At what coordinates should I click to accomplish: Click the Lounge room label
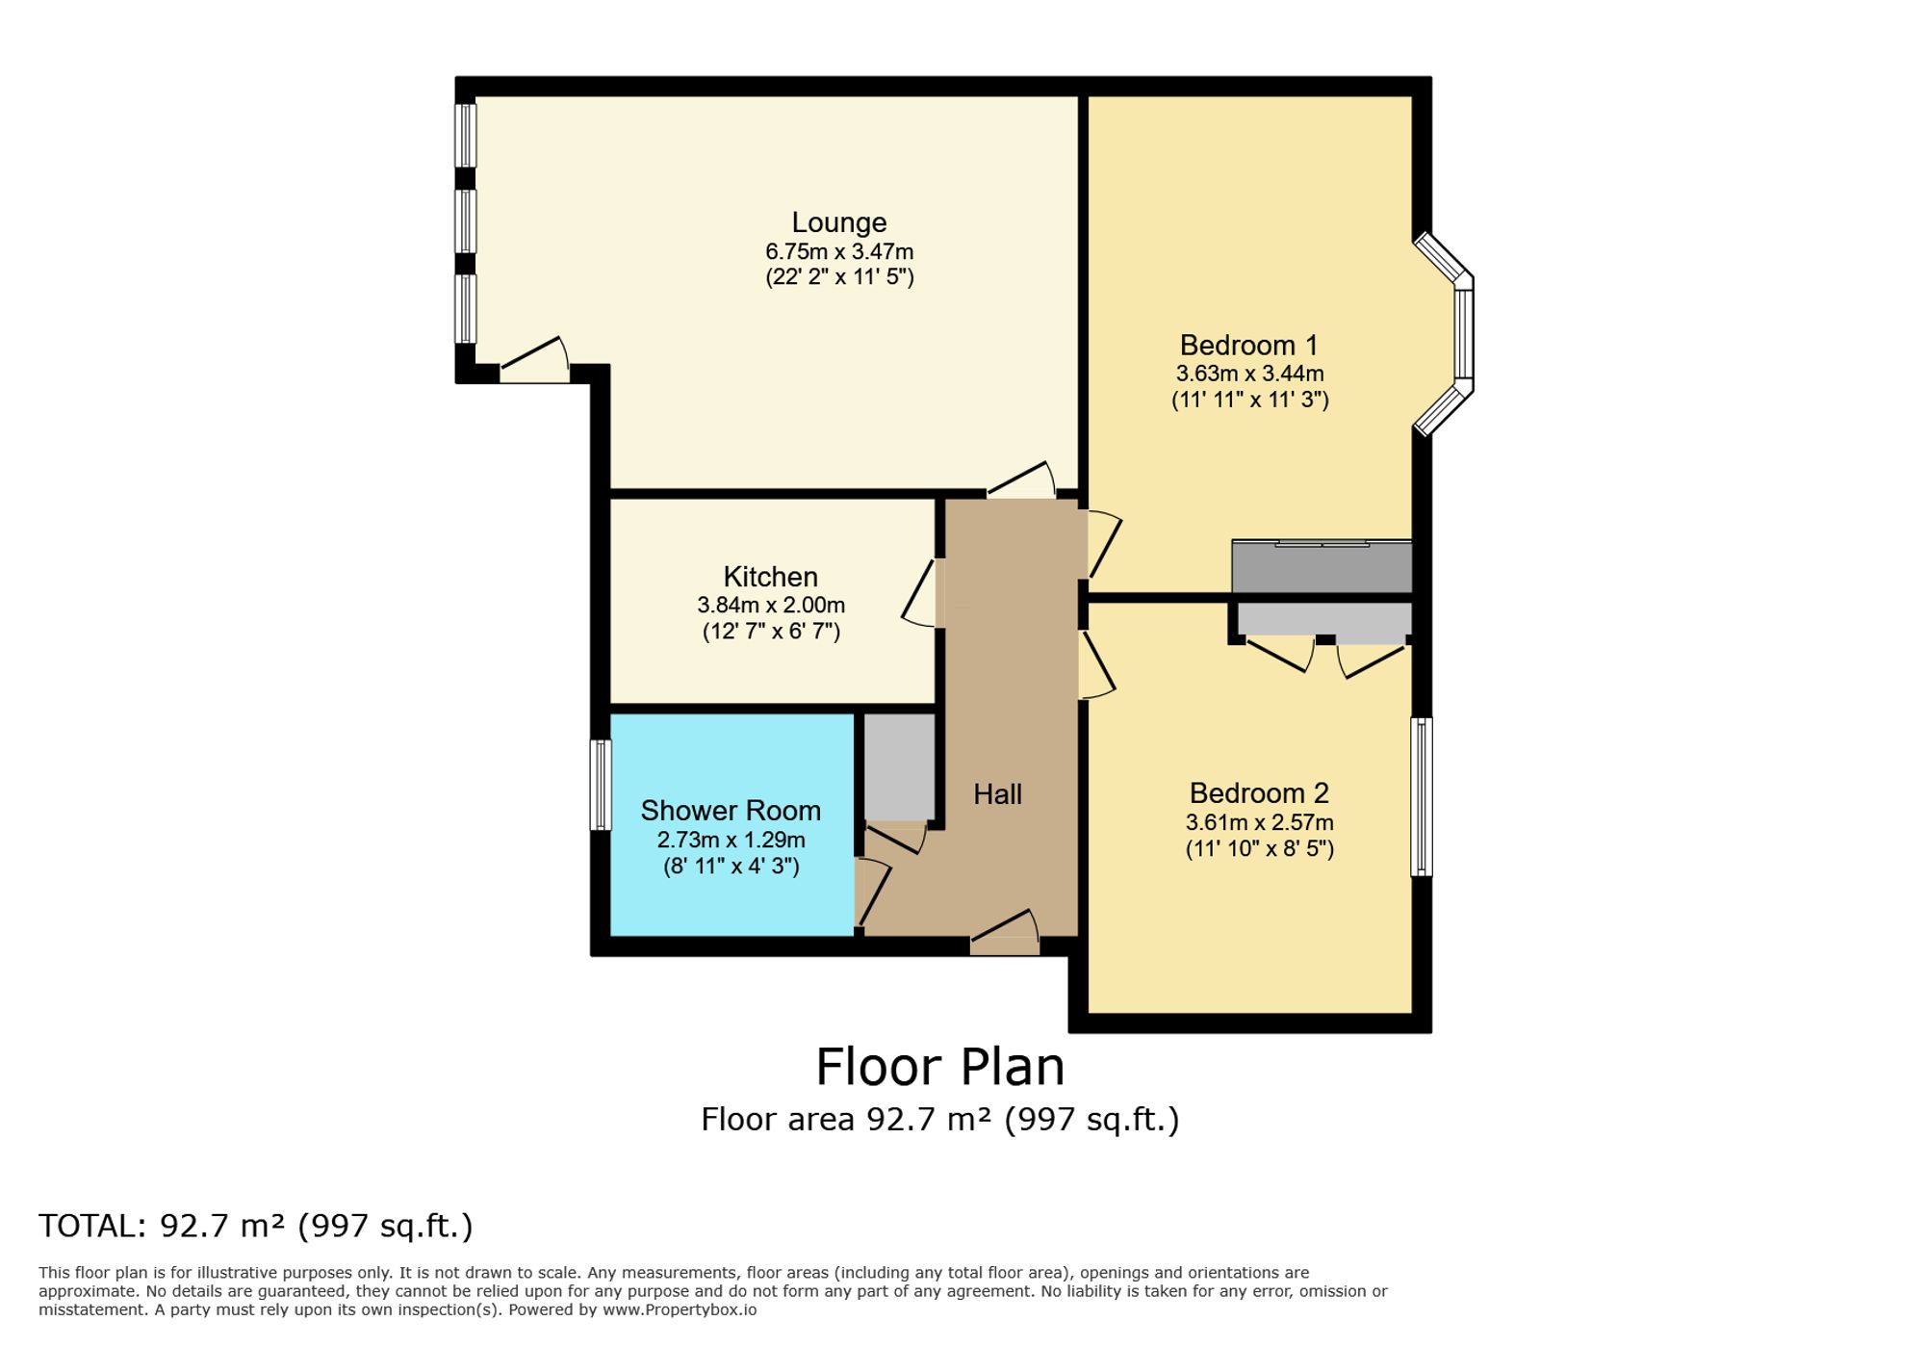pos(838,222)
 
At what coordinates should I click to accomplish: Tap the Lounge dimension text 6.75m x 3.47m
pos(838,252)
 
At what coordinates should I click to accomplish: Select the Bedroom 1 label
pos(1248,345)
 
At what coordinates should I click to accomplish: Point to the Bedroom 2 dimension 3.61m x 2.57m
pos(1259,822)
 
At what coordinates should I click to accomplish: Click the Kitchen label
pos(770,577)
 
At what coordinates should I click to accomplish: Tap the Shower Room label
pos(731,811)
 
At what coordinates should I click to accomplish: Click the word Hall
pos(997,794)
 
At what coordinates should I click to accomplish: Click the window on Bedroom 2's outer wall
pos(1421,796)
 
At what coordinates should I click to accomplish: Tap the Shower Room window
pos(601,785)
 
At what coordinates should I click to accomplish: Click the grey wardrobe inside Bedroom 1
pos(1321,568)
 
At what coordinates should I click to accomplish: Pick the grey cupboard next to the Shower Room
pos(899,766)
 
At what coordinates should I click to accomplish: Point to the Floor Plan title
pos(939,1067)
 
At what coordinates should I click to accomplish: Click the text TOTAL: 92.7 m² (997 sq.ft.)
pos(256,1226)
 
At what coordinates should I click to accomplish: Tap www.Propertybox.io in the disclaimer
pos(680,1309)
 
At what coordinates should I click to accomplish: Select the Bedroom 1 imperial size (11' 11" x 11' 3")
pos(1249,400)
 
